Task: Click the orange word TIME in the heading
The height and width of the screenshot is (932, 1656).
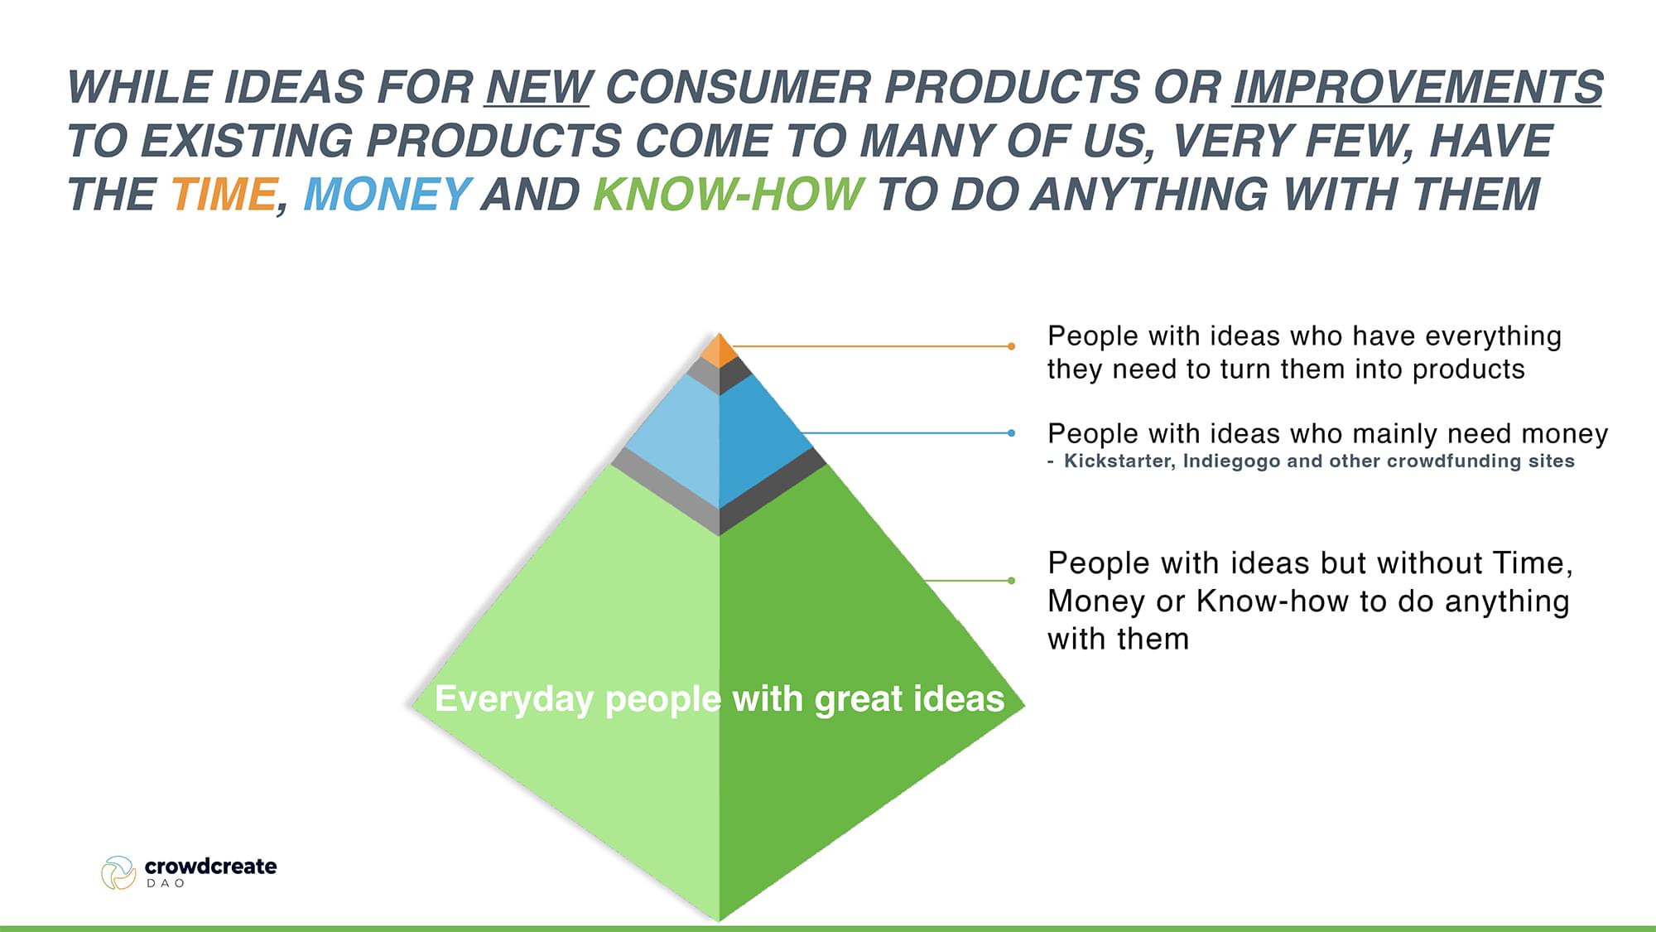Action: pyautogui.click(x=224, y=195)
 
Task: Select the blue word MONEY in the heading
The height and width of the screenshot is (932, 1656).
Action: pyautogui.click(x=388, y=195)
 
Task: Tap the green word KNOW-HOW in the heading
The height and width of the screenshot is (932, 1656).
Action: pyautogui.click(x=729, y=195)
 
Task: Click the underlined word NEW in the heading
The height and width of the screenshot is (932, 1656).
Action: pyautogui.click(x=538, y=88)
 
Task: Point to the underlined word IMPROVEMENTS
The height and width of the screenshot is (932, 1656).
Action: pyautogui.click(x=1418, y=88)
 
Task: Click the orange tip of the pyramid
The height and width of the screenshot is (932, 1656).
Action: pyautogui.click(x=719, y=350)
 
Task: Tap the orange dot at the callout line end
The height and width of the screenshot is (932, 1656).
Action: pyautogui.click(x=1011, y=346)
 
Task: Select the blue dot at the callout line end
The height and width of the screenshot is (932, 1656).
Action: pyautogui.click(x=1011, y=432)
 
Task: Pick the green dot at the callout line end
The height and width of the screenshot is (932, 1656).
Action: pyautogui.click(x=1011, y=581)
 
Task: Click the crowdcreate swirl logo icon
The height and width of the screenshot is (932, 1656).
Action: pyautogui.click(x=118, y=873)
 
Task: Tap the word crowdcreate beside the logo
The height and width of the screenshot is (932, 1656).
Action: pyautogui.click(x=210, y=867)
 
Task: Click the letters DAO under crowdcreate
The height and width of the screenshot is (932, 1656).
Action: pyautogui.click(x=166, y=884)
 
